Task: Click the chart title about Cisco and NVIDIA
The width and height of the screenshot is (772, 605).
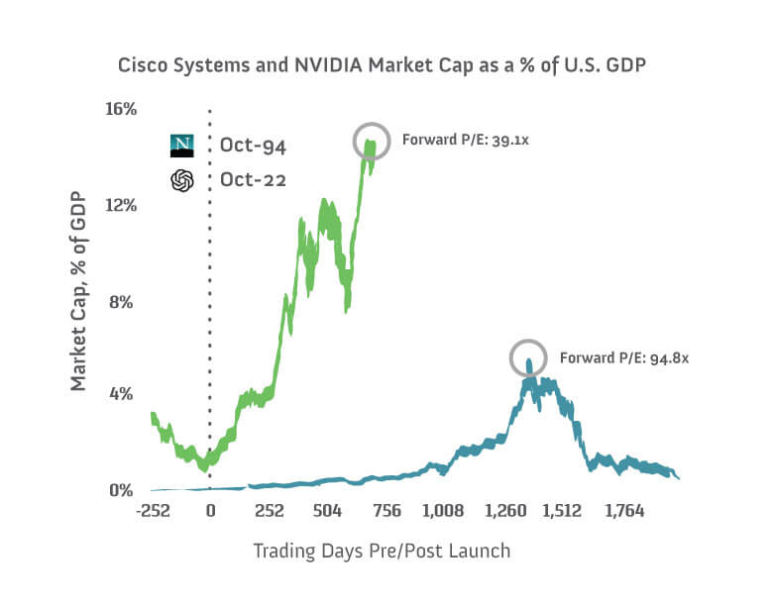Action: (x=386, y=65)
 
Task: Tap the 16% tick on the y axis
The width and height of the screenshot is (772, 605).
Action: (x=120, y=108)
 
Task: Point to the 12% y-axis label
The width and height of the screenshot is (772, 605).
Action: (x=120, y=205)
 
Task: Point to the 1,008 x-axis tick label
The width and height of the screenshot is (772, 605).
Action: (x=443, y=512)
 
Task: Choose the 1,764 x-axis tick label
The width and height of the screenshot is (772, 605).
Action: (x=624, y=512)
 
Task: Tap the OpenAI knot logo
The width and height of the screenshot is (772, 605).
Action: (x=182, y=180)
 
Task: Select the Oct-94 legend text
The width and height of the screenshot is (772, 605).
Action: (x=253, y=147)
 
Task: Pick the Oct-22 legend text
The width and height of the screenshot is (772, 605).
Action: (x=253, y=180)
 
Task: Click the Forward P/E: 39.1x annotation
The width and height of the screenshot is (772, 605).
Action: (x=465, y=141)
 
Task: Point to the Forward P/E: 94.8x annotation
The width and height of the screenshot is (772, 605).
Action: (x=623, y=357)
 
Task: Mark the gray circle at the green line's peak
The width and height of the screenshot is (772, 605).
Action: (x=372, y=141)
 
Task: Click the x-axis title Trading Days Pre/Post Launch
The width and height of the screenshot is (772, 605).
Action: (x=382, y=551)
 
